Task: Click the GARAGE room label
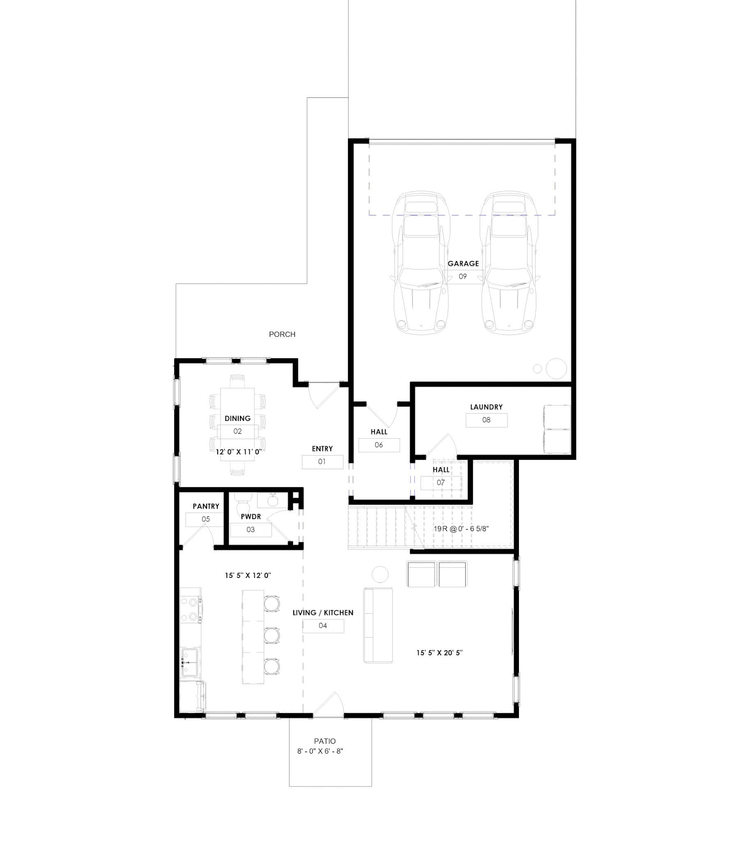(463, 264)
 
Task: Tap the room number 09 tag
(463, 276)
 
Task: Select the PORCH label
(282, 335)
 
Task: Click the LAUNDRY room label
(486, 407)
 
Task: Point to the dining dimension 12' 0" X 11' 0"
(239, 452)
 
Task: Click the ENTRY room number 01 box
(322, 462)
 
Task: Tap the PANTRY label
(206, 506)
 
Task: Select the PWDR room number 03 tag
(250, 530)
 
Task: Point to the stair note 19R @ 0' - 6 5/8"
(461, 529)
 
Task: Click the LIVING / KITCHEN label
(323, 613)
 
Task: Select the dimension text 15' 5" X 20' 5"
(439, 652)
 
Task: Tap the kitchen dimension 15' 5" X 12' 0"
(248, 576)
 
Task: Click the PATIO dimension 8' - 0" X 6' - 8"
(320, 751)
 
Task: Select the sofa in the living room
(378, 625)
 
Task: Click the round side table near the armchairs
(380, 574)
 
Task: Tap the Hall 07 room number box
(440, 482)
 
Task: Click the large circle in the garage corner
(556, 368)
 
